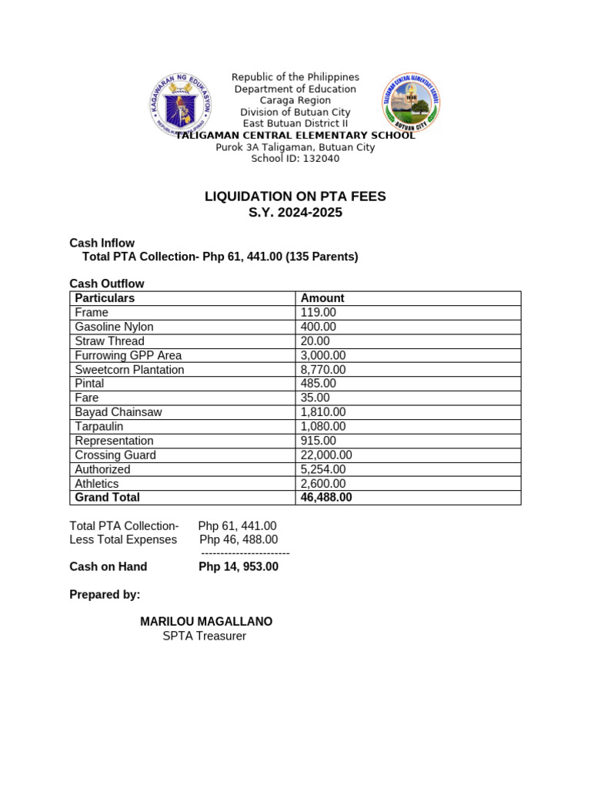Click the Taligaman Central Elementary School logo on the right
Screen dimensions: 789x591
(411, 102)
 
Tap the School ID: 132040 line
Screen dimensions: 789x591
(295, 159)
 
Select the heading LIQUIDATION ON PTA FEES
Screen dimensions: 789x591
(295, 196)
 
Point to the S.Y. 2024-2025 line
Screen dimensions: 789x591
(295, 213)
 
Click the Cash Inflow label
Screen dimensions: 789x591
(102, 243)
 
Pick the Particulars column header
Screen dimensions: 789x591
(105, 298)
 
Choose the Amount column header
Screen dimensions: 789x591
(322, 298)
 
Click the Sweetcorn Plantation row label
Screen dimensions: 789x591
(129, 370)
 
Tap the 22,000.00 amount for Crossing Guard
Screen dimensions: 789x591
(326, 455)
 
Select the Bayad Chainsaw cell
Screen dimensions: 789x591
(118, 412)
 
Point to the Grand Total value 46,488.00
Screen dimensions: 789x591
(326, 498)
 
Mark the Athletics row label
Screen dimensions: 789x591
(97, 484)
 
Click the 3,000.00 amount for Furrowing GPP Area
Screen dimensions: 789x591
(323, 355)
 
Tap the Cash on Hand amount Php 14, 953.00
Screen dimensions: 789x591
(239, 566)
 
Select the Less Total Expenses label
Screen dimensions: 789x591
(123, 539)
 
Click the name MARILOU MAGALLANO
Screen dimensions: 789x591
(205, 622)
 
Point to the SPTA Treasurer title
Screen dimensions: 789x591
(204, 636)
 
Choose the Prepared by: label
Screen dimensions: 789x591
(105, 595)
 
